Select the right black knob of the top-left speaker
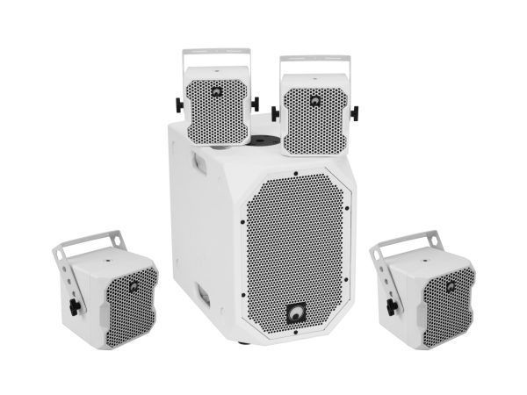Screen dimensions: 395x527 pos(255,104)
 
